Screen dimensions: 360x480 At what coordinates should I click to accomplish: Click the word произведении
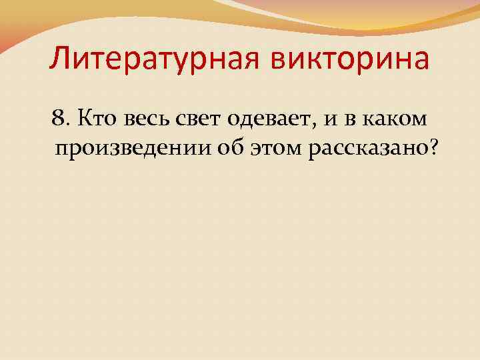134,150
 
